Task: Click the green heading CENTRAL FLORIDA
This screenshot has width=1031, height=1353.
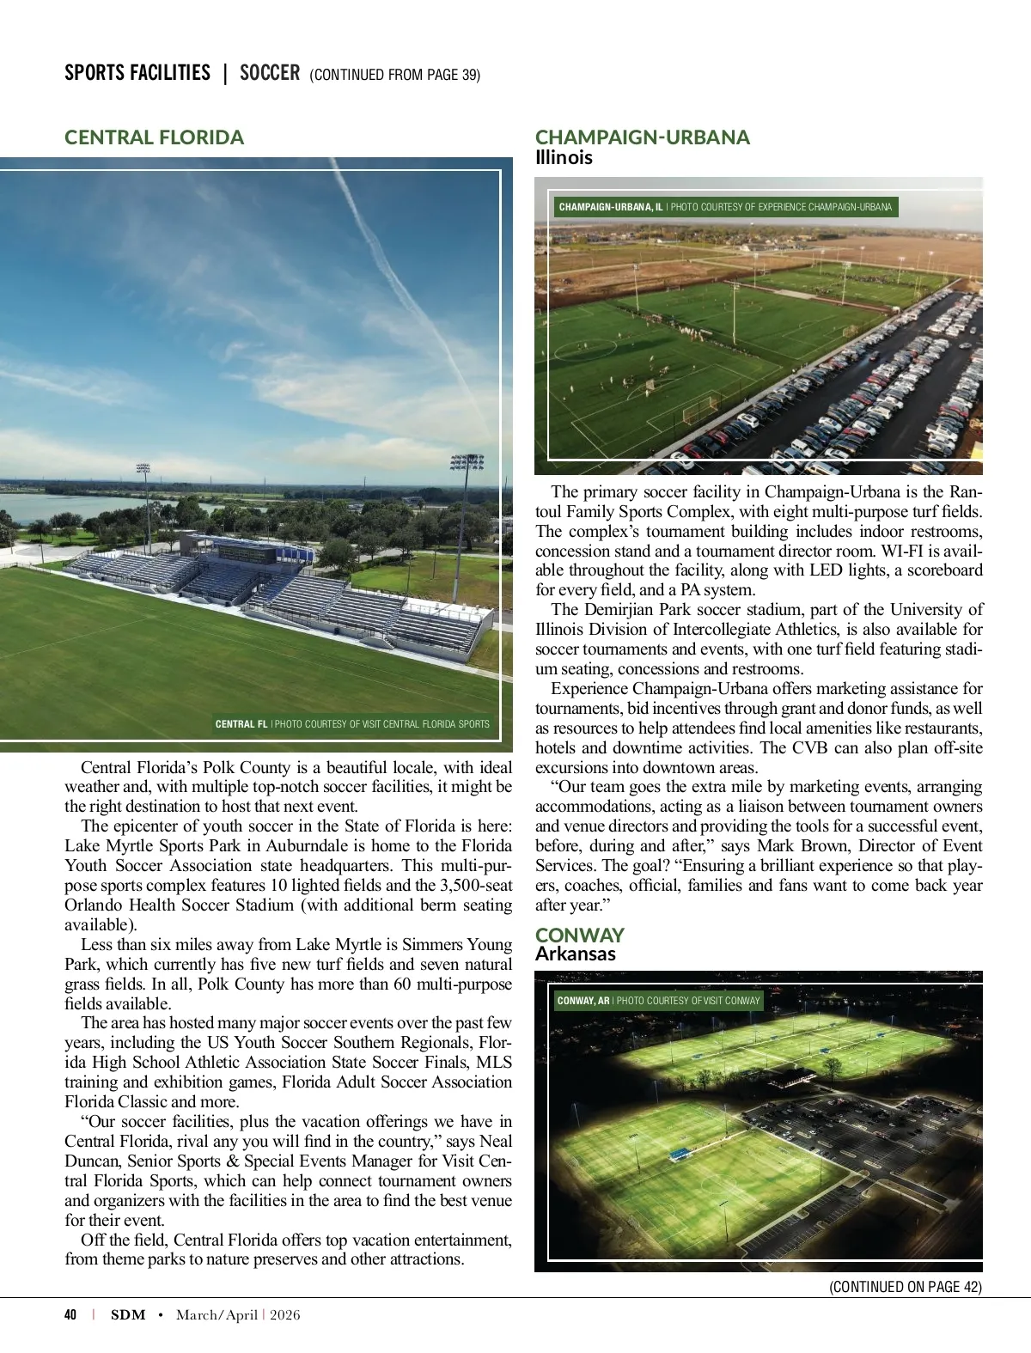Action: pos(154,137)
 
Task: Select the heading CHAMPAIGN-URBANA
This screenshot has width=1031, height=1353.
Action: pos(642,137)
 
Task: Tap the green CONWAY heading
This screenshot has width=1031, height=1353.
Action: pos(579,935)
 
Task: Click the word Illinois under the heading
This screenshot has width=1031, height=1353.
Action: pos(564,158)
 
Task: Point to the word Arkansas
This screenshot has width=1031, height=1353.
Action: pos(575,954)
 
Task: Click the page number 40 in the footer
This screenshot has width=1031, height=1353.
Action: pos(70,1315)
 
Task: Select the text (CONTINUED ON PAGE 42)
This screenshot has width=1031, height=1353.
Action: pos(906,1287)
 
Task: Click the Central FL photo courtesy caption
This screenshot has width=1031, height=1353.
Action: pos(352,724)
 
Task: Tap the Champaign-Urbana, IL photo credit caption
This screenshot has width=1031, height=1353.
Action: pos(725,207)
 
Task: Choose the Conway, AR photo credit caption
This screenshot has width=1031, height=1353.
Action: pos(658,1001)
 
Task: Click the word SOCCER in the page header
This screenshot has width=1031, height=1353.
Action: pos(270,73)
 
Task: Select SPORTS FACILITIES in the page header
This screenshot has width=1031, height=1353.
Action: pos(137,73)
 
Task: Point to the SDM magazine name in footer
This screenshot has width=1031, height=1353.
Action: pos(128,1315)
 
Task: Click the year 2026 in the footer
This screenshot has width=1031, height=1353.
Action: pos(285,1315)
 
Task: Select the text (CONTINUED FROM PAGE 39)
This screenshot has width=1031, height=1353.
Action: pos(394,75)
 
